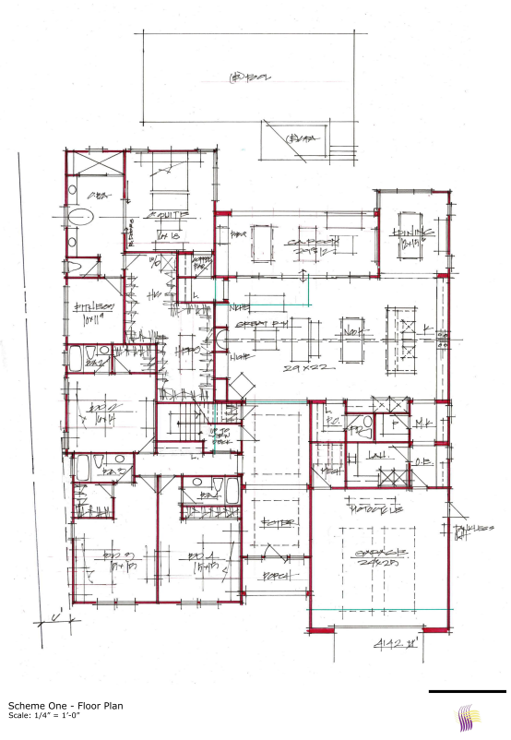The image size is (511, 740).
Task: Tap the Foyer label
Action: (x=279, y=522)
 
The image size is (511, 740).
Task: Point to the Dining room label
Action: (x=409, y=233)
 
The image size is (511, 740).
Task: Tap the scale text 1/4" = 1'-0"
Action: (x=47, y=717)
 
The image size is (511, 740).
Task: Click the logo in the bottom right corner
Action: (x=469, y=717)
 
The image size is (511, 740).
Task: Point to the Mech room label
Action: (x=327, y=469)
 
